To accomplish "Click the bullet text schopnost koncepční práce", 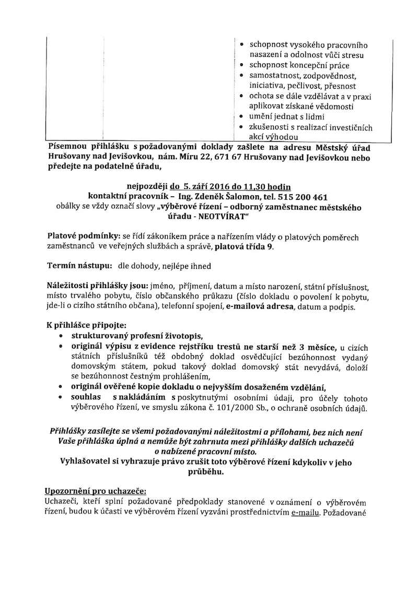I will point(299,66).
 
